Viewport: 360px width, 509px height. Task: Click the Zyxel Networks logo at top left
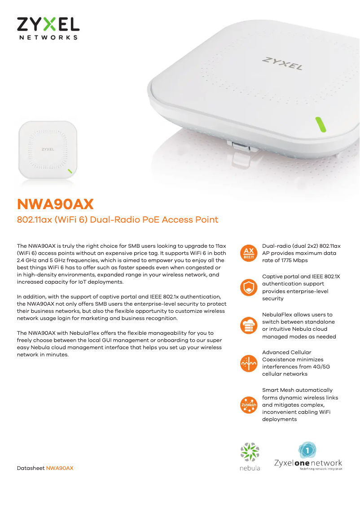click(x=48, y=29)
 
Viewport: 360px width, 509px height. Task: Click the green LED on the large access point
click(x=320, y=124)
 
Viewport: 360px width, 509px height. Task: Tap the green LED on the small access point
click(x=70, y=171)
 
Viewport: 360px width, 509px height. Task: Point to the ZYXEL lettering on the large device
click(x=282, y=63)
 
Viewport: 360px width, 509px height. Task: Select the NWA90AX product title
click(x=55, y=204)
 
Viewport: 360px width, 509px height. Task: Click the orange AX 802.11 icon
click(x=249, y=253)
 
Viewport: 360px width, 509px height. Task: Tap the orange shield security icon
click(x=249, y=287)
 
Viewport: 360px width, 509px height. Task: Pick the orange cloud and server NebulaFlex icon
click(x=249, y=325)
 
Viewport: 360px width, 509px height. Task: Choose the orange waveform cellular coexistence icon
click(x=249, y=363)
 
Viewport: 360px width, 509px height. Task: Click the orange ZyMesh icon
click(x=249, y=405)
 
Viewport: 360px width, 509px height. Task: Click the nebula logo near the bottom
click(x=250, y=456)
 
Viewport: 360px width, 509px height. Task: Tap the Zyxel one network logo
click(x=308, y=456)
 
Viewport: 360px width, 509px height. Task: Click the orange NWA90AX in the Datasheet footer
click(x=60, y=468)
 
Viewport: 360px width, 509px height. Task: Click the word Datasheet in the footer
click(x=31, y=468)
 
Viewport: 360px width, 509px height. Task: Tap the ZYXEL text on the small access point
click(x=48, y=149)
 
